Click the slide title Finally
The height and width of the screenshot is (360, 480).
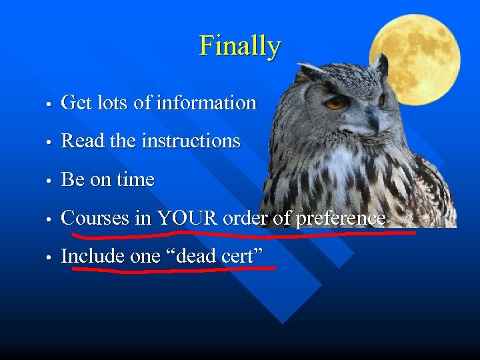[x=240, y=46]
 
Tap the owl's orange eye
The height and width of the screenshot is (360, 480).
[x=335, y=102]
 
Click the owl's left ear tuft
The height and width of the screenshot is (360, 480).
[x=308, y=70]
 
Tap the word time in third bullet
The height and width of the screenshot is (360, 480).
[x=136, y=180]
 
